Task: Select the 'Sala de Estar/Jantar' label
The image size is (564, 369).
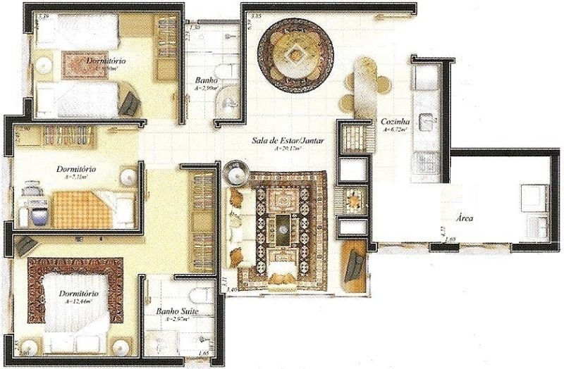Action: point(288,140)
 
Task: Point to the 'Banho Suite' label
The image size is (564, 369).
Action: point(176,311)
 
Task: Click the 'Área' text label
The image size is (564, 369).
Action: point(464,218)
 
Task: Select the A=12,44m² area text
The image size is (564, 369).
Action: point(79,301)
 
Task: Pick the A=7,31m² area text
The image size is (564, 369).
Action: point(78,178)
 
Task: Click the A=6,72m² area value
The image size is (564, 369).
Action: point(394,130)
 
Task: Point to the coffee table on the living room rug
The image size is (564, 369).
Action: point(283,227)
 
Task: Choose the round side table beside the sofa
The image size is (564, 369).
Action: point(235,171)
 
